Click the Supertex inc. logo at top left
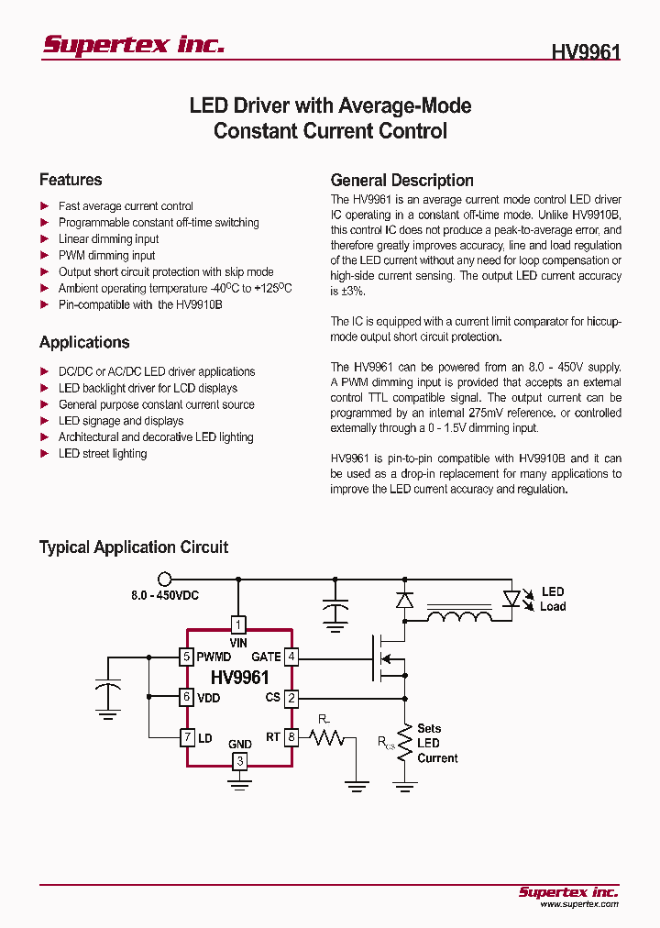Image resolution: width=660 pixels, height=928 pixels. coord(133,45)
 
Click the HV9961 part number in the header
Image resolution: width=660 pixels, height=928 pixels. coord(586,51)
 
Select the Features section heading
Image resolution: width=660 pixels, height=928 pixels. coord(71,180)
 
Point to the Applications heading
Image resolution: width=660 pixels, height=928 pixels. coord(84,342)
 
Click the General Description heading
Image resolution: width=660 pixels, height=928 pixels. coord(401,181)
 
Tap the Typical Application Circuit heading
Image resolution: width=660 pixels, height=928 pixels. coord(134,547)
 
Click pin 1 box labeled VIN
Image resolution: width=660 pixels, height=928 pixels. coord(238,625)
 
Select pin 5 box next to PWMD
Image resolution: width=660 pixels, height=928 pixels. coord(186,657)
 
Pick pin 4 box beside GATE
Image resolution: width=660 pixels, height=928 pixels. coord(291,657)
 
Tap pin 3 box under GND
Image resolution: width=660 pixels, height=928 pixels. coord(239,761)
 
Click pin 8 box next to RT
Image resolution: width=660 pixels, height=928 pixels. coord(291,736)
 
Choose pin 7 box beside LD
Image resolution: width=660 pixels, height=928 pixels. coord(186,736)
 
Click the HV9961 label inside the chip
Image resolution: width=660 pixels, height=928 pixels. coord(239,679)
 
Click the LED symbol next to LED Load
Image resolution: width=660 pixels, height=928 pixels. coord(512,599)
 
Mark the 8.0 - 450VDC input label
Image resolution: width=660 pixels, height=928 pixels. coord(165,596)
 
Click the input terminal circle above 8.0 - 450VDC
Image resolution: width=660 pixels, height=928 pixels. coord(165,579)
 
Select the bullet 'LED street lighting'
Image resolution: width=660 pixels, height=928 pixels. coord(103,454)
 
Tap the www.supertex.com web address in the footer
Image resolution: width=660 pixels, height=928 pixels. coord(578,904)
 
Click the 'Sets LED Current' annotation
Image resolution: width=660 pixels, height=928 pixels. coord(437,743)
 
